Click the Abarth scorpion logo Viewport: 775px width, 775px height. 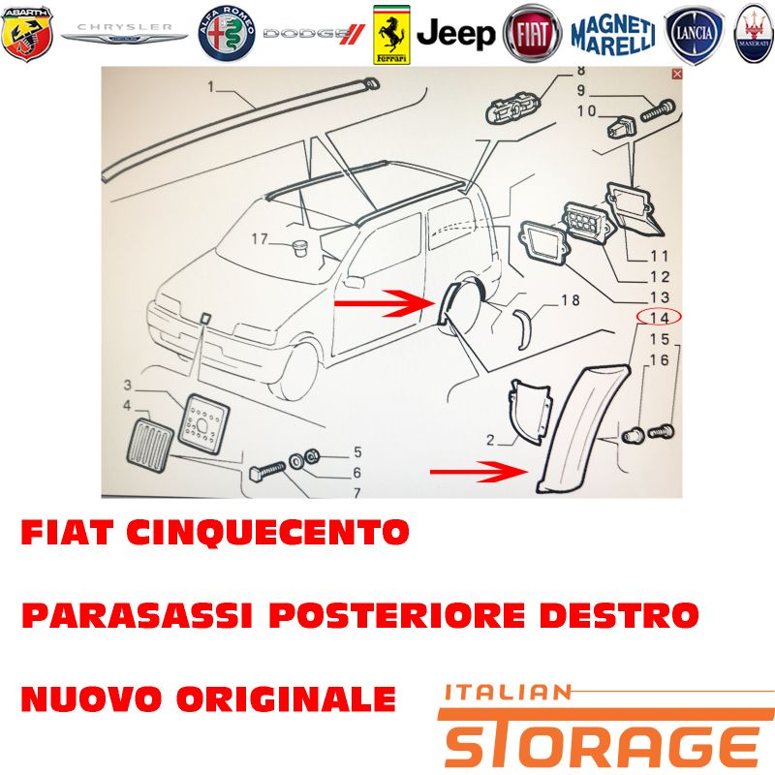[x=27, y=34]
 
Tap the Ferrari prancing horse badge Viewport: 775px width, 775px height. [x=391, y=35]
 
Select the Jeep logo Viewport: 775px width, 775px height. [x=455, y=34]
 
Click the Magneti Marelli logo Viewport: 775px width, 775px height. [x=613, y=35]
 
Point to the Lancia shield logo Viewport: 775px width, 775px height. [x=694, y=35]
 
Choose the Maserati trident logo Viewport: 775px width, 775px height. [x=755, y=34]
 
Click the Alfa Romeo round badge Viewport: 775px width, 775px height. [x=227, y=34]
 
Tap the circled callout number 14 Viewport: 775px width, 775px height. [x=660, y=318]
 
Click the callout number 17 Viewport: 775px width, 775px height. [x=260, y=239]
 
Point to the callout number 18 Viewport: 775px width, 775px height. [x=570, y=300]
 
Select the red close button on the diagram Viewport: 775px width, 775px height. [x=676, y=75]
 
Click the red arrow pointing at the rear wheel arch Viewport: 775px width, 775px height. [x=384, y=302]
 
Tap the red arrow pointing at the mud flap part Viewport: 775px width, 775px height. [x=480, y=472]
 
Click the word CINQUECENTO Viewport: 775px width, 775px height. [x=267, y=532]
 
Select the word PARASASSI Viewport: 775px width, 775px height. [x=137, y=615]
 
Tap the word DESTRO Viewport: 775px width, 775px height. [x=618, y=615]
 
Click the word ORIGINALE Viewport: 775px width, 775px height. [x=286, y=698]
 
